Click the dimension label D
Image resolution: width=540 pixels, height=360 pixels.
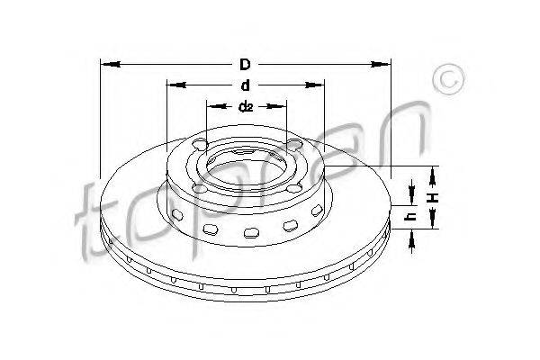click(245, 65)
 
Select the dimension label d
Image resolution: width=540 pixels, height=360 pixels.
click(245, 85)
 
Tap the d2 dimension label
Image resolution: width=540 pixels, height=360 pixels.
click(246, 107)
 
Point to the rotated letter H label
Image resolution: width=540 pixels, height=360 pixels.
click(433, 197)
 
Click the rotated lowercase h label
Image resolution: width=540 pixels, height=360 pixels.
click(411, 216)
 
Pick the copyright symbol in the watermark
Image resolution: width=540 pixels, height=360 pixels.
click(449, 79)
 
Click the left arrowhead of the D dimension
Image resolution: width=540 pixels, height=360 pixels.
click(110, 64)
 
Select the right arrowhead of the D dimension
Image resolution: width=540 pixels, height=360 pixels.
click(381, 64)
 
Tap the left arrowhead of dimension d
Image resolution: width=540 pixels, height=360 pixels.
click(176, 85)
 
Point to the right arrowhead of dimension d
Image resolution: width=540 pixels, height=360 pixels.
click(314, 85)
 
